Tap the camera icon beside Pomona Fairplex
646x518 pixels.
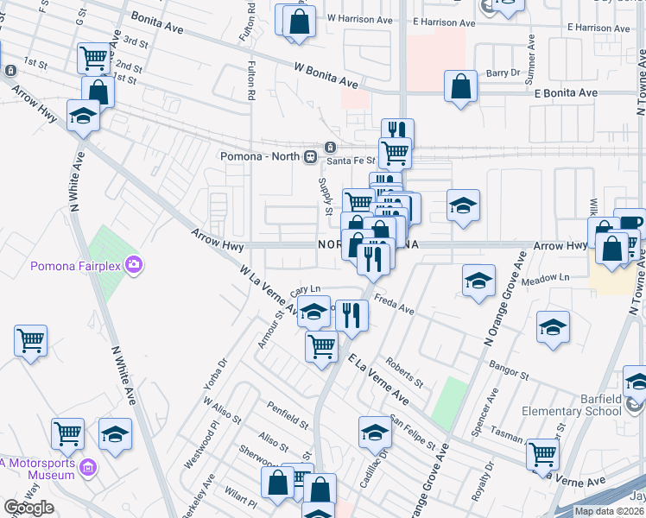133,264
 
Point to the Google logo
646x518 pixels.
28,508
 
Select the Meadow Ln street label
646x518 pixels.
546,278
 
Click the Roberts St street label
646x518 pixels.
404,372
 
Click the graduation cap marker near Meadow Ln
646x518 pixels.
478,281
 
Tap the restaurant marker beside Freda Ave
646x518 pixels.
351,316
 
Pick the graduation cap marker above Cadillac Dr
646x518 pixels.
376,432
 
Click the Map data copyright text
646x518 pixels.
609,511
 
